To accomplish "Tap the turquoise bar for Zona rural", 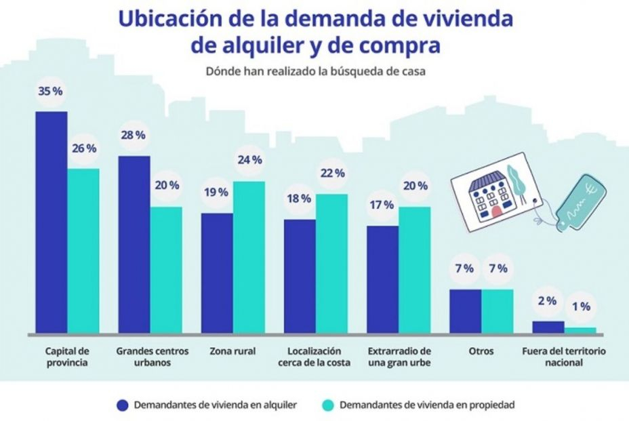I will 249,258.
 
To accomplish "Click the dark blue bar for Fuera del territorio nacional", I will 548,327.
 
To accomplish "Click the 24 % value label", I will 249,161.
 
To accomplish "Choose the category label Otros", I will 481,351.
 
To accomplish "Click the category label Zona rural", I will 233,351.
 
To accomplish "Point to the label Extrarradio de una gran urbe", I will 399,357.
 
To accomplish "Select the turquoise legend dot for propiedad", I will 326,405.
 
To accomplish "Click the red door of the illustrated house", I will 496,212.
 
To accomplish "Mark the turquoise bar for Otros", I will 498,311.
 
